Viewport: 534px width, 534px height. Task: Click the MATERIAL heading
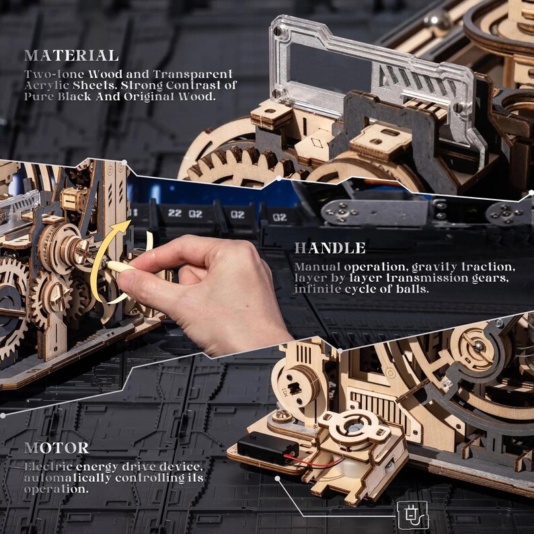(71, 55)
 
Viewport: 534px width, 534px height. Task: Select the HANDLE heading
(330, 248)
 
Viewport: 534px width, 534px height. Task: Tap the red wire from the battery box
(316, 463)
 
